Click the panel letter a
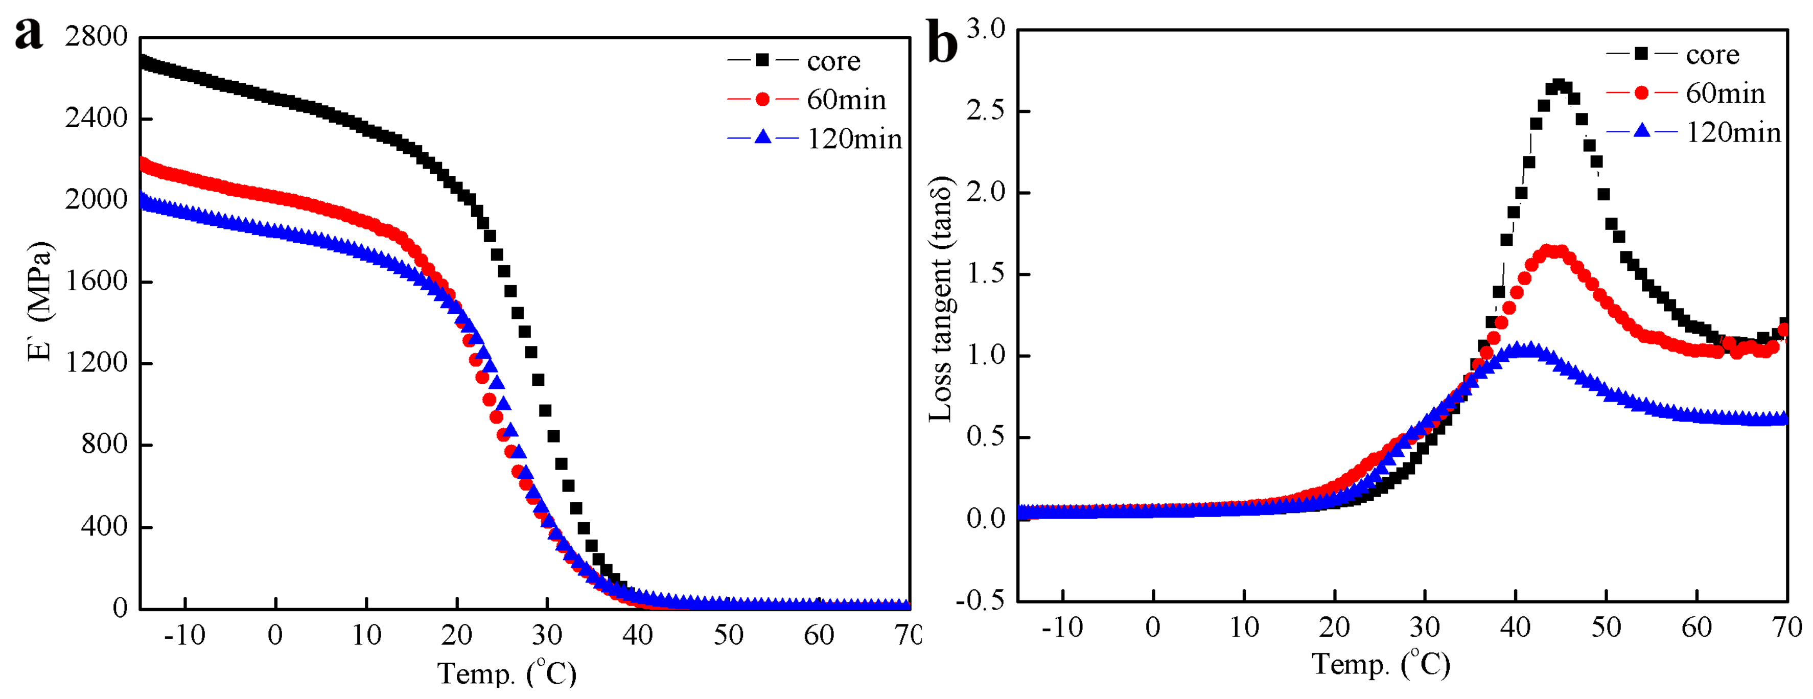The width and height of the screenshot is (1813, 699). [28, 33]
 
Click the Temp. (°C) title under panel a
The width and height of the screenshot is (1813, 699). [507, 673]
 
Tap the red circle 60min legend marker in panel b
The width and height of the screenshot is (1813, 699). [1641, 93]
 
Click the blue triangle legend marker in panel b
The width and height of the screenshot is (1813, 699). [1641, 131]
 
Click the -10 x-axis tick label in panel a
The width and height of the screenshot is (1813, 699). [184, 636]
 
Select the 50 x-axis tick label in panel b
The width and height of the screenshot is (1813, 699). [1606, 627]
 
